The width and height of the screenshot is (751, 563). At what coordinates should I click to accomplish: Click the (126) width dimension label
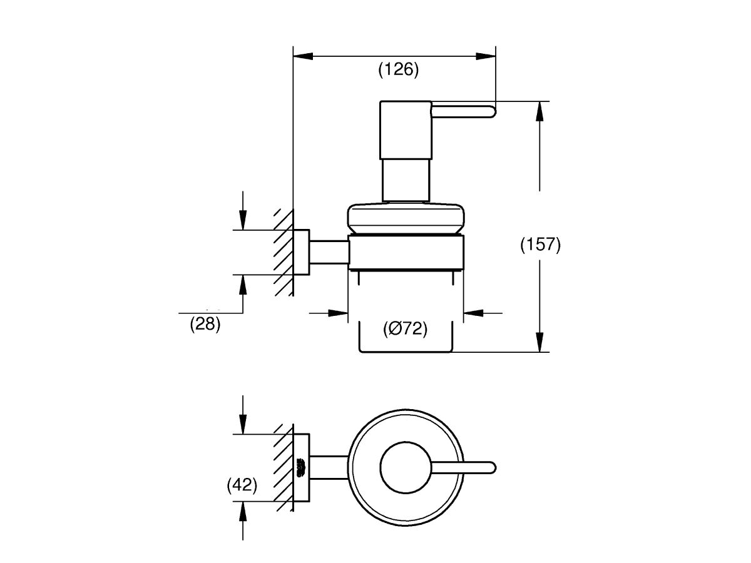(399, 69)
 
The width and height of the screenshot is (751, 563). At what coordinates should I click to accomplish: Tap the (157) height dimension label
(540, 245)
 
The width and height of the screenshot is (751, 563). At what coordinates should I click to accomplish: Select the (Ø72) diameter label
(406, 329)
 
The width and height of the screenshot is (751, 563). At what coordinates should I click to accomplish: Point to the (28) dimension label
(205, 325)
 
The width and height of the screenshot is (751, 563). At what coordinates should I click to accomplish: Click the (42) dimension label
(242, 485)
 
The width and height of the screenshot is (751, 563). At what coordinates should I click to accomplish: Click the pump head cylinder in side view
(404, 129)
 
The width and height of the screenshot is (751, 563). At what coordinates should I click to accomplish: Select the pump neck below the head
(405, 180)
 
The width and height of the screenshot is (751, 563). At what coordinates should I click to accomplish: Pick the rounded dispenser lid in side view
(405, 219)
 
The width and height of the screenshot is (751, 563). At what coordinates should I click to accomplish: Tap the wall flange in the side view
(302, 252)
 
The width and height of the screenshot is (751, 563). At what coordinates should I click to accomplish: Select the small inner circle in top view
(405, 467)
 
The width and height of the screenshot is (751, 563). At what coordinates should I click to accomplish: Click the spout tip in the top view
(491, 467)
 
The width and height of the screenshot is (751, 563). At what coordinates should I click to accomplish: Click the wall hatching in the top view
(284, 466)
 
